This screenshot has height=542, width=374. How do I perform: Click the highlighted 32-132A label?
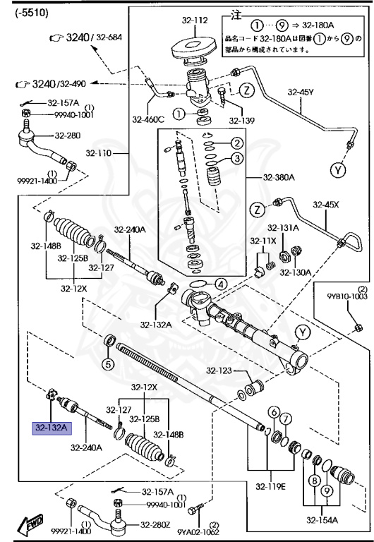(50, 428)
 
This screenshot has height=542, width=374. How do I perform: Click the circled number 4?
(221, 285)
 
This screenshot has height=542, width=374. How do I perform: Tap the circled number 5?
(108, 364)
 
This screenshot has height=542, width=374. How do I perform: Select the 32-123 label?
(219, 371)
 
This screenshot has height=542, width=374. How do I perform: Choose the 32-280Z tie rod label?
(155, 524)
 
